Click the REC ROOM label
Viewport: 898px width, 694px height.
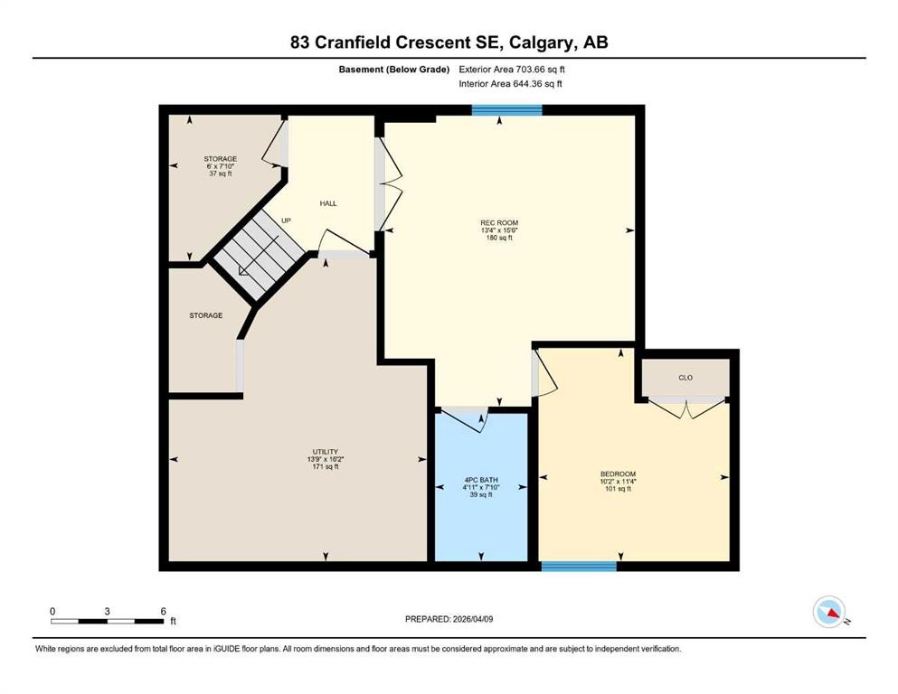click(499, 222)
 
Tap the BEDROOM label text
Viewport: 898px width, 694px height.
click(618, 474)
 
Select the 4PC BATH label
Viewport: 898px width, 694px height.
click(481, 480)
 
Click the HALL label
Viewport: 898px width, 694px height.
click(328, 203)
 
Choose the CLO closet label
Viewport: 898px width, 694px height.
click(685, 378)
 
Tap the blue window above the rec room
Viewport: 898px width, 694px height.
click(506, 110)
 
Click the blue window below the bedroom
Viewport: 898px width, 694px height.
click(579, 567)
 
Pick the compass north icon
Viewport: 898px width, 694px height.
click(828, 612)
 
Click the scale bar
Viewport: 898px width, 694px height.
click(108, 621)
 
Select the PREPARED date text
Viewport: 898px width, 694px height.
click(449, 619)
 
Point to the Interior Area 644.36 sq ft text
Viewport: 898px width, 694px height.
click(511, 84)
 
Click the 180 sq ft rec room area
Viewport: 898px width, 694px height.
click(500, 239)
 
